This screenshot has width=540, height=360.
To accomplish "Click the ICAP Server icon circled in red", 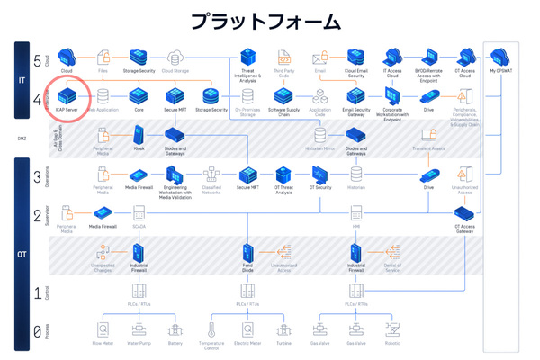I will pyautogui.click(x=67, y=94).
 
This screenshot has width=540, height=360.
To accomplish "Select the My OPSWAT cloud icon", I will pyautogui.click(x=500, y=58).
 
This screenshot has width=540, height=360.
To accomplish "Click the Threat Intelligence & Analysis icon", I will pyautogui.click(x=247, y=58).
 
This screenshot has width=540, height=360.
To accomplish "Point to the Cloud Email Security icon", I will pyautogui.click(x=355, y=58).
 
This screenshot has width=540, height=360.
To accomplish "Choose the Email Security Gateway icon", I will pyautogui.click(x=355, y=94).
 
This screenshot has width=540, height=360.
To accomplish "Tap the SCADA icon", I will pyautogui.click(x=139, y=213).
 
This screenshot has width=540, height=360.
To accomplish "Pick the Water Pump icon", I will pyautogui.click(x=139, y=330).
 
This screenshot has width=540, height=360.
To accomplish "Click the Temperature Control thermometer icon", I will pyautogui.click(x=211, y=330).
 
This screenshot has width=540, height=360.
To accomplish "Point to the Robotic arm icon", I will pyautogui.click(x=392, y=330).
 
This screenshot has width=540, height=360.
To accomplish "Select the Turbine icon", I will pyautogui.click(x=283, y=330).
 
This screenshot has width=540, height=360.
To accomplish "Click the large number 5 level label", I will pyautogui.click(x=37, y=61).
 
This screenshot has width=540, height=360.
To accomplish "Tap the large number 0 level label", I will pyautogui.click(x=37, y=332).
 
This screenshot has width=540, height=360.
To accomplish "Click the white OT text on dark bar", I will pyautogui.click(x=22, y=255).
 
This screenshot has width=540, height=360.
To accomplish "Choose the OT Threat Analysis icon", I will pyautogui.click(x=283, y=174).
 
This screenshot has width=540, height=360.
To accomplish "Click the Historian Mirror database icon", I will pyautogui.click(x=319, y=135).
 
